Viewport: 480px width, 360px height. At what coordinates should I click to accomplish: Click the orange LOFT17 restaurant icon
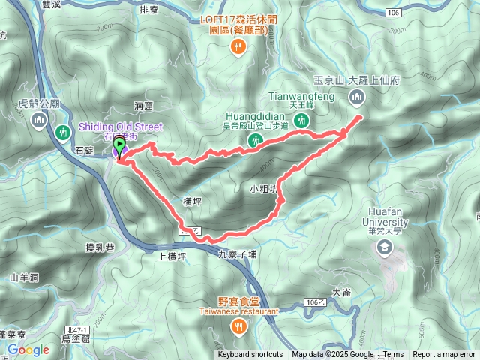tap(238, 46)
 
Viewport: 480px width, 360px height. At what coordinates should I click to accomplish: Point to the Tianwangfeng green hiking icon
tap(302, 120)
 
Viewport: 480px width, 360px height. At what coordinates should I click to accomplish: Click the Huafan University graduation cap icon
tap(385, 246)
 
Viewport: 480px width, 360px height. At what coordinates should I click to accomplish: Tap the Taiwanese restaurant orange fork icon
tap(238, 325)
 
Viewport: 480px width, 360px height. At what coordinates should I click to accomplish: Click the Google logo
tap(28, 349)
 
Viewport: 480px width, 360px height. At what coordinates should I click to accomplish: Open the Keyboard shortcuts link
tap(250, 355)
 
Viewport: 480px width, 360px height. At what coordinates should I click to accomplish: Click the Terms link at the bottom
tap(393, 355)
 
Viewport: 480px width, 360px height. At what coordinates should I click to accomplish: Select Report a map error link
tap(445, 355)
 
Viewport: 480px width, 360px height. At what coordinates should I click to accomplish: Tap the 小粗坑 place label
tap(265, 190)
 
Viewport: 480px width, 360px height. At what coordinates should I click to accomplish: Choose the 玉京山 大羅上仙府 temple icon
tap(356, 96)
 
